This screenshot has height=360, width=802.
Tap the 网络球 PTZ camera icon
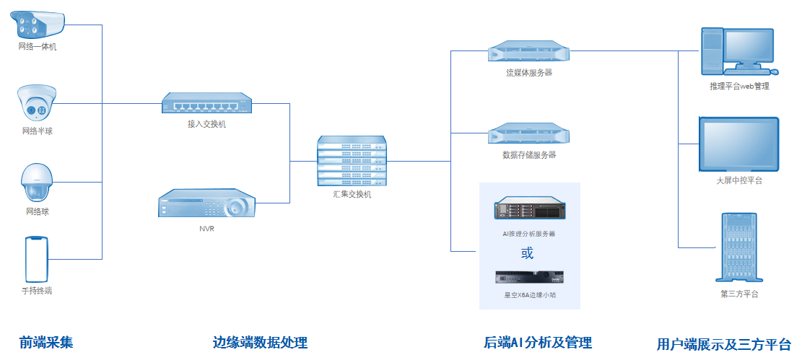[x=37, y=183]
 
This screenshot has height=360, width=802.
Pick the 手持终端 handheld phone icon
[x=37, y=258]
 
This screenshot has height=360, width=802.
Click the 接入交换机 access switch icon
[x=206, y=104]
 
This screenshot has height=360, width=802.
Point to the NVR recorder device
[x=206, y=204]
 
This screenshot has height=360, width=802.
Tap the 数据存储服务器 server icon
[x=528, y=134]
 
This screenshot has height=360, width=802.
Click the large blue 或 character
[x=528, y=253]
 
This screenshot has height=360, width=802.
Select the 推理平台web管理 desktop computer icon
[x=738, y=51]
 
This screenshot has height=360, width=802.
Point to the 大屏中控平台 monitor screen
[x=738, y=144]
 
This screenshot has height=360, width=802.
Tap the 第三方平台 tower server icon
[x=738, y=247]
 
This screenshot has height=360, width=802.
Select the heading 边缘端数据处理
[x=260, y=342]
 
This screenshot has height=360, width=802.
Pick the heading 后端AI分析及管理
[x=537, y=342]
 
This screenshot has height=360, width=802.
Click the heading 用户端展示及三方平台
[x=724, y=344]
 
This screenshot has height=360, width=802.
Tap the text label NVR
[x=206, y=229]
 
